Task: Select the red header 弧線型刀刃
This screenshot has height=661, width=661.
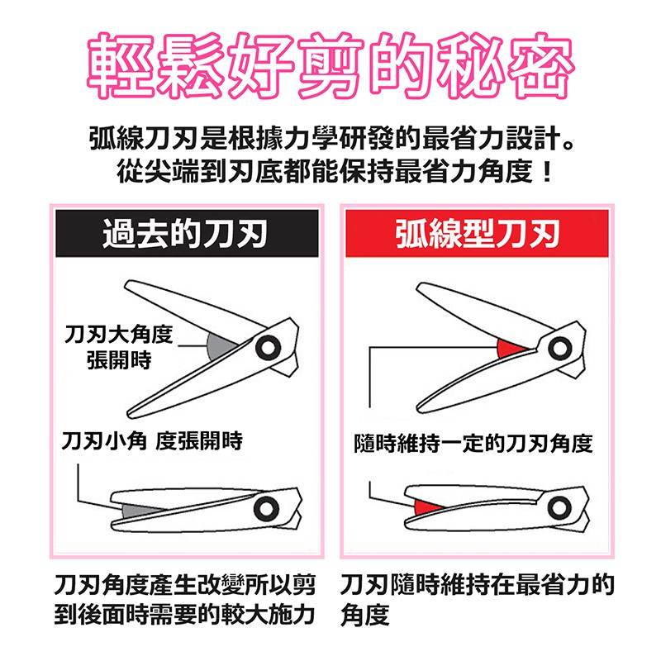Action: [x=477, y=233]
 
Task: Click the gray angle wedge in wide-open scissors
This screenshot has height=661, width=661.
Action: [x=220, y=346]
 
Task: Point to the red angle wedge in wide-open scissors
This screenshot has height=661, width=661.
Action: [x=509, y=348]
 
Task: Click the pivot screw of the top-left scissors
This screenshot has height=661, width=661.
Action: [x=268, y=348]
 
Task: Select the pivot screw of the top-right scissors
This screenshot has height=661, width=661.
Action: [x=560, y=348]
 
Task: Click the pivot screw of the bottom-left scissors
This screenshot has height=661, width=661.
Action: [x=266, y=508]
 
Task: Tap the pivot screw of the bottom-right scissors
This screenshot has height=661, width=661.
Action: [x=559, y=507]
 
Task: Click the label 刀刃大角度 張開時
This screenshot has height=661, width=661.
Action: [x=119, y=347]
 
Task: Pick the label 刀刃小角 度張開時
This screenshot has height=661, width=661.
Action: [x=152, y=441]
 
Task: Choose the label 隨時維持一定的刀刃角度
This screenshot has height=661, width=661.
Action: [x=473, y=443]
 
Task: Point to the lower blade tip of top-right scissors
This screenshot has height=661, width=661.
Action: [x=418, y=409]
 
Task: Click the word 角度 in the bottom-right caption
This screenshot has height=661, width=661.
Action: [x=365, y=615]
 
